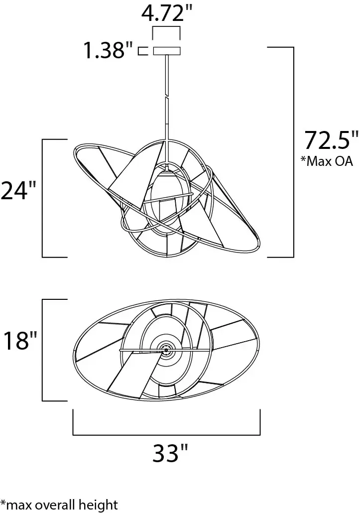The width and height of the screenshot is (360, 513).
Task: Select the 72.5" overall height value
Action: pyautogui.click(x=331, y=140)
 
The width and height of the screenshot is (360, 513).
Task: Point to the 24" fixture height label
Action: pyautogui.click(x=19, y=191)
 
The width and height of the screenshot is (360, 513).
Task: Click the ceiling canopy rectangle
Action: pyautogui.click(x=166, y=51)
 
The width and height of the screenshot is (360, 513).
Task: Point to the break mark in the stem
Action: pyautogui.click(x=166, y=98)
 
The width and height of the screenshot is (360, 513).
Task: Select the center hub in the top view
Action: pyautogui.click(x=166, y=351)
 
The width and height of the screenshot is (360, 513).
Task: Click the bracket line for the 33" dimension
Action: pyautogui.click(x=166, y=434)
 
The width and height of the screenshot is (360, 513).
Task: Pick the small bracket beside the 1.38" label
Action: pyautogui.click(x=142, y=51)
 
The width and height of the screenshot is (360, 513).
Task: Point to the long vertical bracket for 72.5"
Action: pyautogui.click(x=293, y=152)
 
